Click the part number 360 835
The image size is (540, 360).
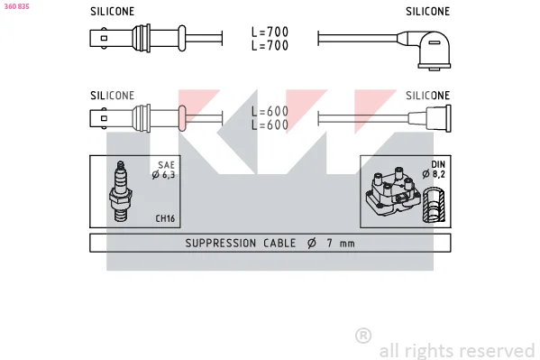point(16,6)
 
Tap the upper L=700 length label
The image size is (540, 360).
point(270,32)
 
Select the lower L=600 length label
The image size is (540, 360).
point(270,125)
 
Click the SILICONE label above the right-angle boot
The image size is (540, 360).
point(427,12)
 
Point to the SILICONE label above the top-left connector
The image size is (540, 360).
point(113,12)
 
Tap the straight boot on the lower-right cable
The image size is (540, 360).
point(430,118)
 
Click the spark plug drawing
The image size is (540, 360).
point(120,190)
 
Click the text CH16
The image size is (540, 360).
point(165,218)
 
